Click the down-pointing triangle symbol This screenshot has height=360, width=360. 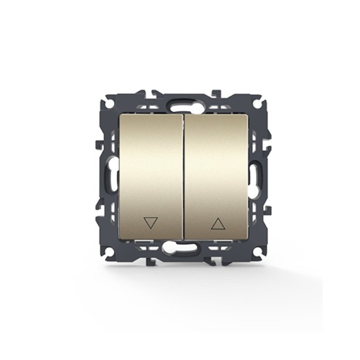(x=151, y=223)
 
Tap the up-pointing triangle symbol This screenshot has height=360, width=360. (x=218, y=223)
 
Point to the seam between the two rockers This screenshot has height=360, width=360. (x=184, y=177)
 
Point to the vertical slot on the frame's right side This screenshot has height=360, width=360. (x=255, y=177)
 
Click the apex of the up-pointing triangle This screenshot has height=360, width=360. (x=218, y=217)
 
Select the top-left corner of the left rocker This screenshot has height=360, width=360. (x=120, y=115)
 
